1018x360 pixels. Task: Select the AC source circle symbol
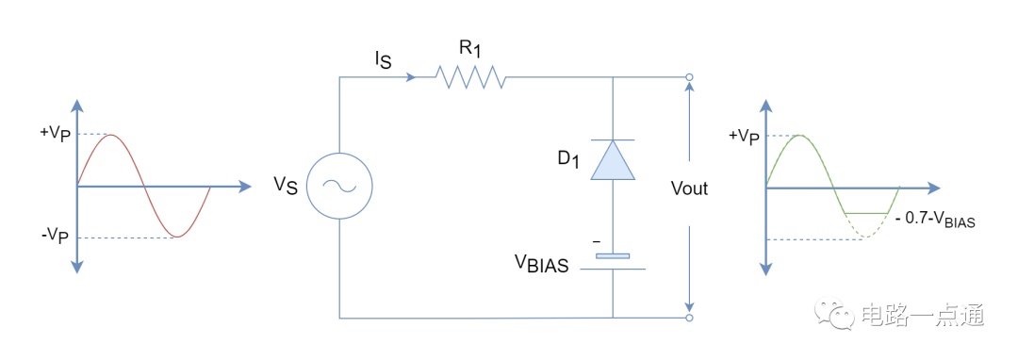click(339, 187)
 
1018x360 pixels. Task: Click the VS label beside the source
click(286, 187)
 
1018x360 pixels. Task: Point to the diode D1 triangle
click(613, 159)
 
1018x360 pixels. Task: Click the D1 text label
click(563, 159)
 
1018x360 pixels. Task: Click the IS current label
click(382, 60)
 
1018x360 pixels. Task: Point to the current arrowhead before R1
click(410, 77)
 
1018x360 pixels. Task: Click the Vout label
click(689, 188)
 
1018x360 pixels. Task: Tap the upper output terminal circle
click(689, 77)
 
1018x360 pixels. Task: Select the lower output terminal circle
click(689, 318)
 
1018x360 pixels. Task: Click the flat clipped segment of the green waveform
click(865, 213)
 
